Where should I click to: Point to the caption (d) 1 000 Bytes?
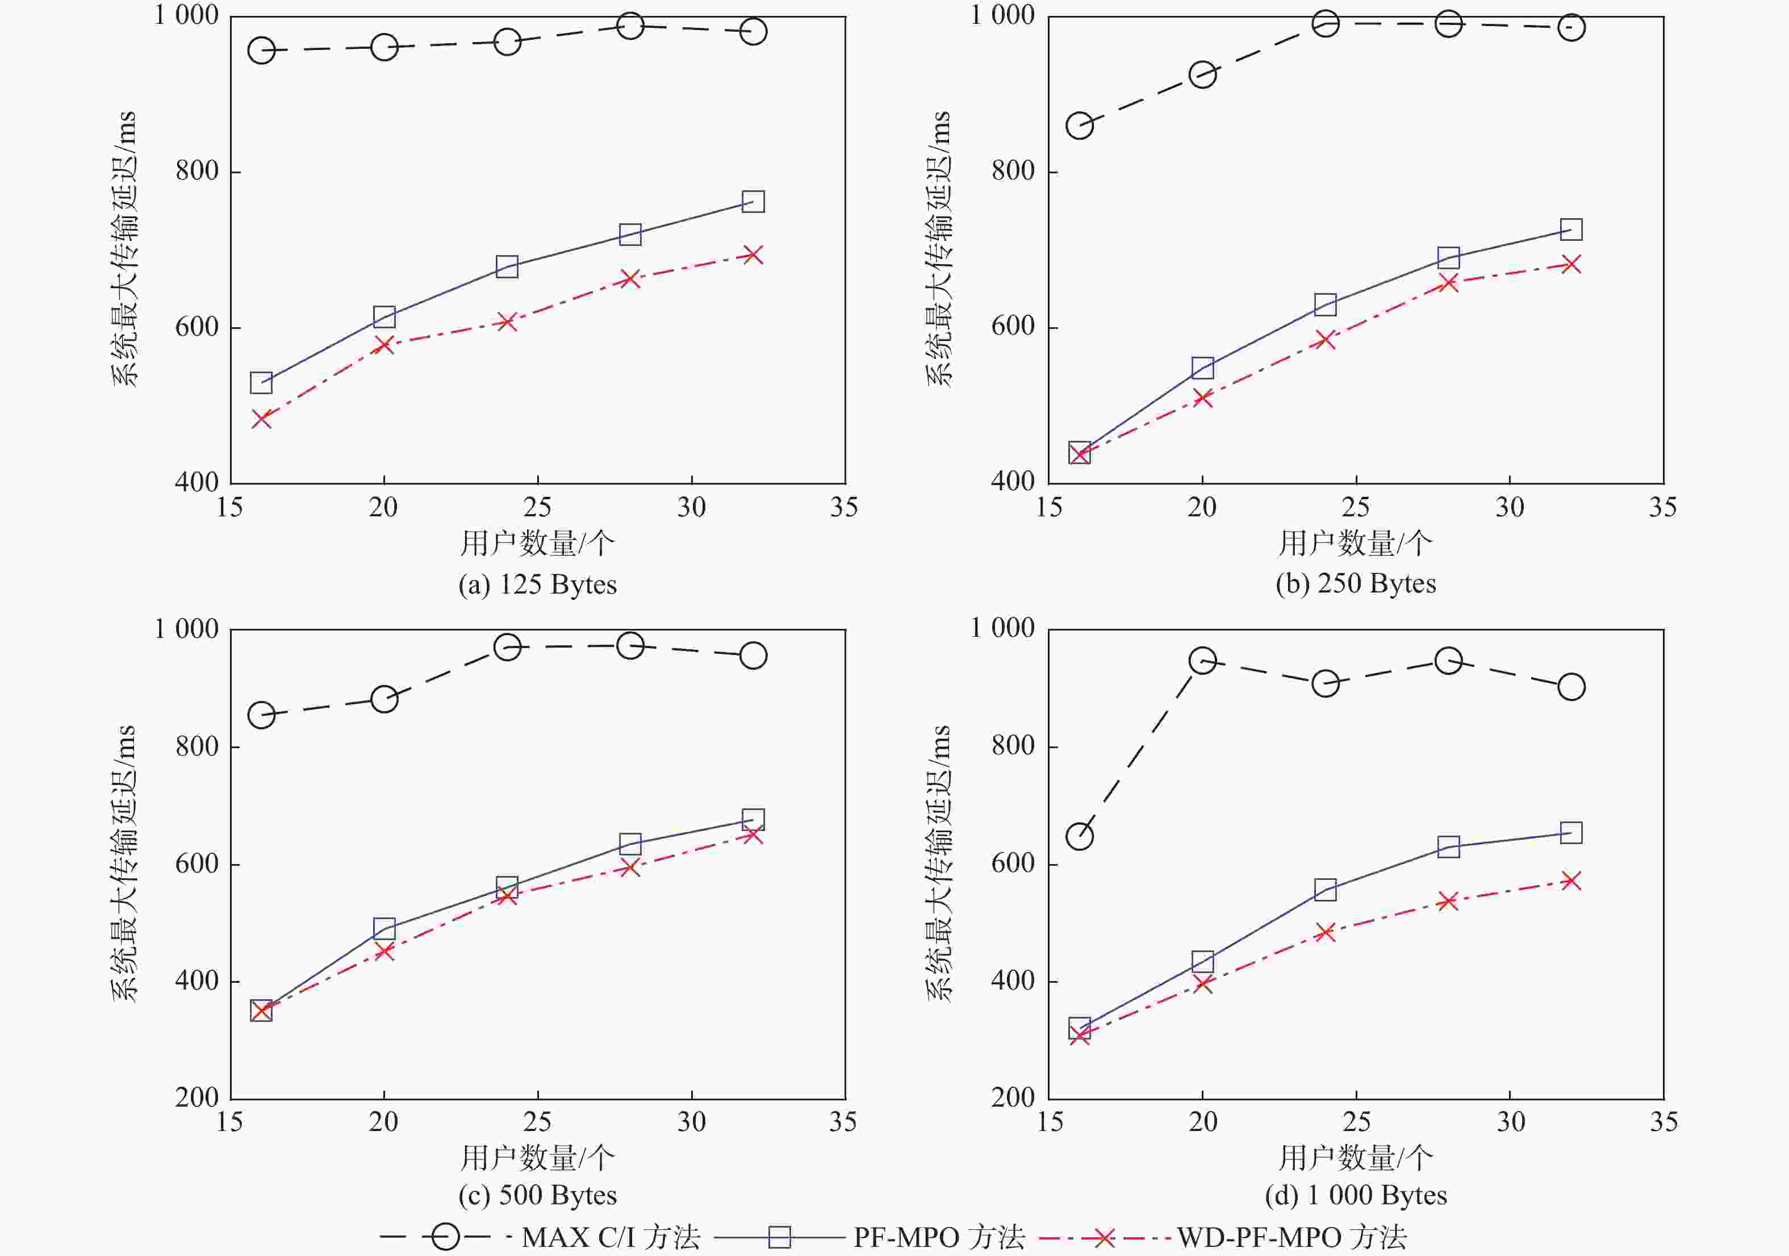tap(1355, 1195)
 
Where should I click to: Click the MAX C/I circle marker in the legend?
tap(446, 1237)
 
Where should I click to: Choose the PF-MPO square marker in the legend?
tap(779, 1237)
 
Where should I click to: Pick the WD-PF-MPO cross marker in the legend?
tap(1104, 1237)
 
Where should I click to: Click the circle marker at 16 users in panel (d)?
tap(1079, 836)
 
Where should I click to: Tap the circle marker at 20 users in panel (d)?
tap(1202, 661)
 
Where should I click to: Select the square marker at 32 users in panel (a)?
tap(753, 202)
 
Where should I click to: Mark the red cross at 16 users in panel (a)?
tap(261, 419)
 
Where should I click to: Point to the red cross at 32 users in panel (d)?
tap(1571, 881)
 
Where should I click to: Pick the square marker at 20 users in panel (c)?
tap(384, 928)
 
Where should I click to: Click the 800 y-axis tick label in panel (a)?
tap(197, 170)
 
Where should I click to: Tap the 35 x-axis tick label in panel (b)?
tap(1663, 508)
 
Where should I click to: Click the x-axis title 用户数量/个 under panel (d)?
tap(1355, 1158)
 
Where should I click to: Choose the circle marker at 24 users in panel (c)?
tap(507, 646)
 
